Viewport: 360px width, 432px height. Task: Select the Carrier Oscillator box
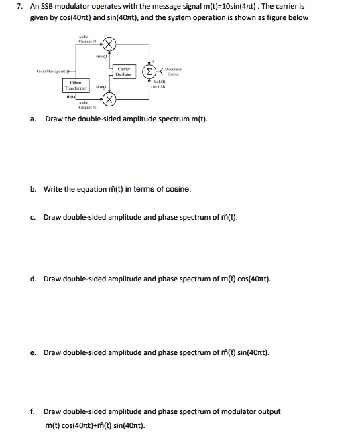[x=123, y=72]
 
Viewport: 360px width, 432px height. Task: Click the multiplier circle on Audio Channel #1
[x=109, y=45]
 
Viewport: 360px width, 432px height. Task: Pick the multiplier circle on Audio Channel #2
[x=109, y=100]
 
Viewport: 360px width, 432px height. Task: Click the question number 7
[x=20, y=5]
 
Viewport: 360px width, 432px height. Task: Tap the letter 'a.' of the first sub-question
[x=33, y=119]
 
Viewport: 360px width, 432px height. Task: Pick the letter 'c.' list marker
[x=33, y=217]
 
